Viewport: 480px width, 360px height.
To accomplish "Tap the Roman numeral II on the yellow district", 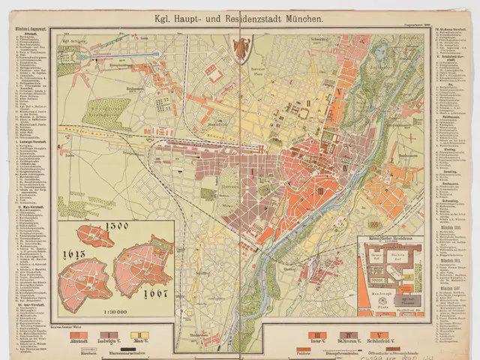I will (x=307, y=101).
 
